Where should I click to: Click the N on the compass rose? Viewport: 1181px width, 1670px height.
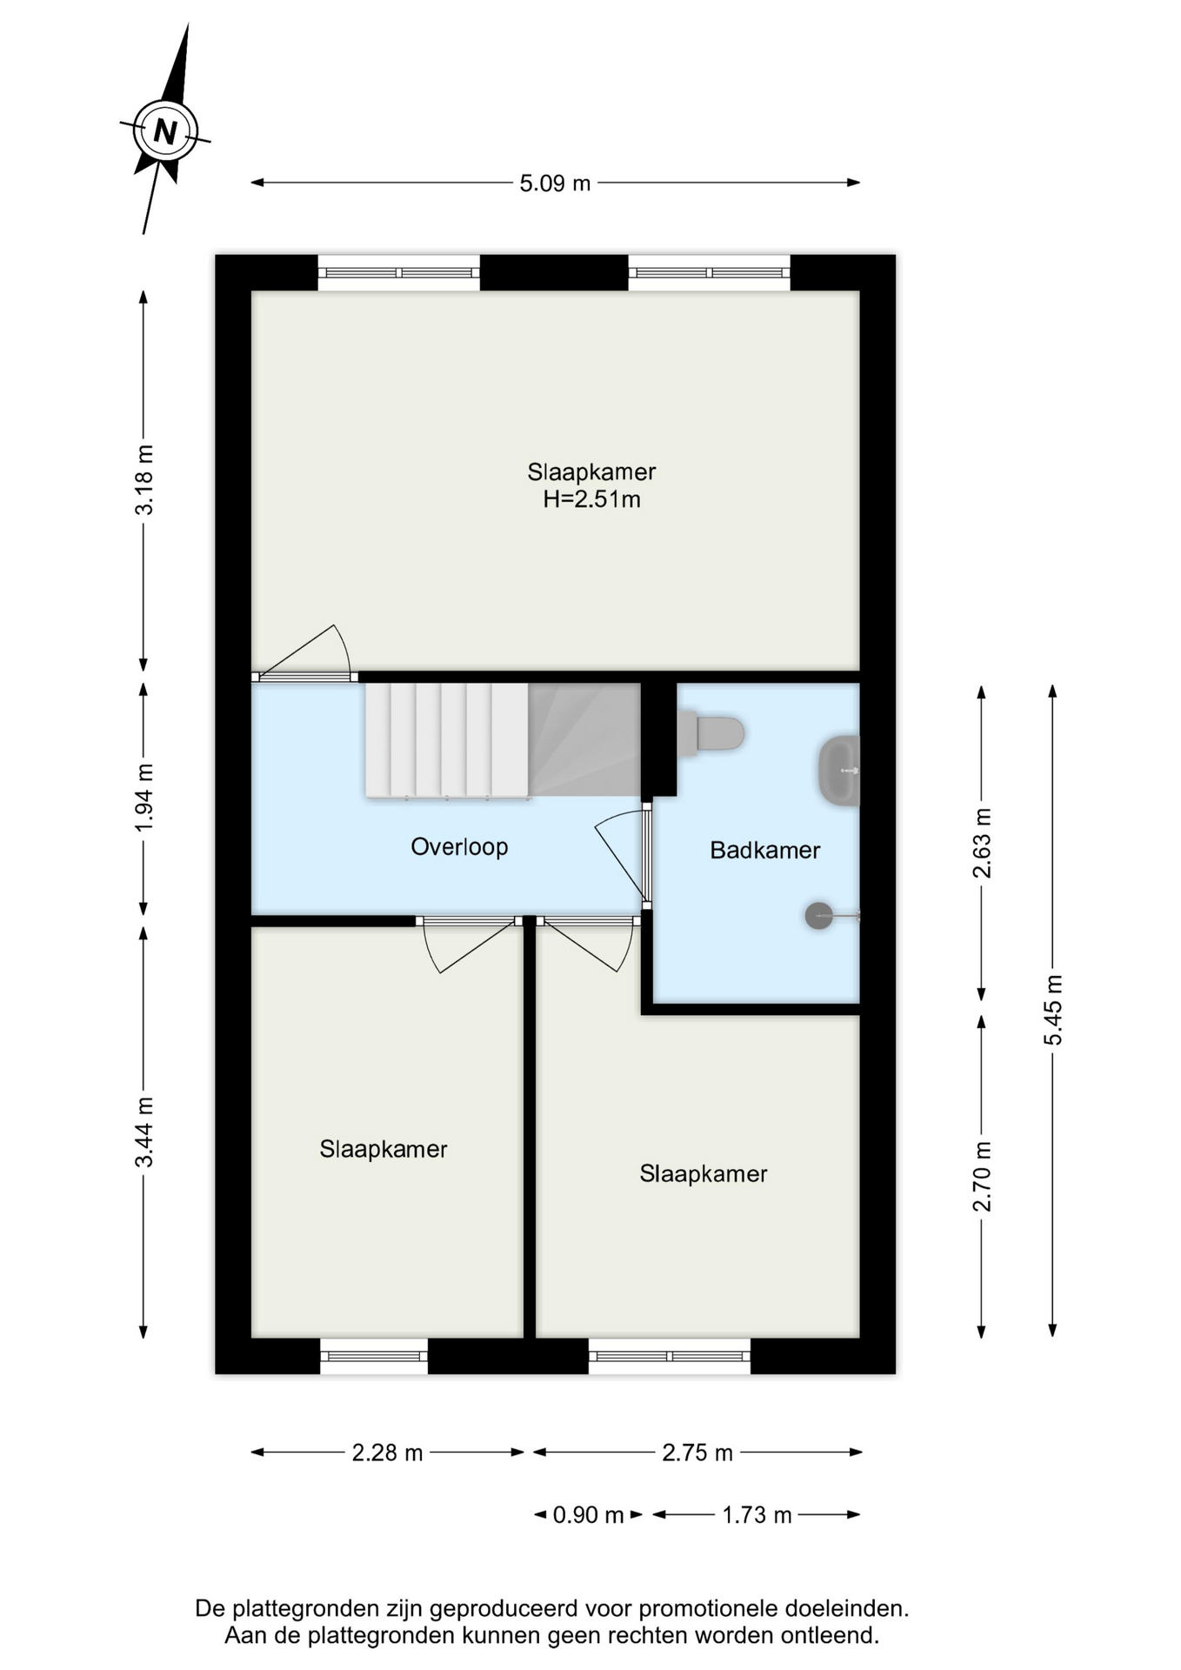click(x=164, y=132)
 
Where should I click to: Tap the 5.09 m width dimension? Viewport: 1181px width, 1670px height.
click(x=555, y=184)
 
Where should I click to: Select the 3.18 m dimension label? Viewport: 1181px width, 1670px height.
click(x=144, y=479)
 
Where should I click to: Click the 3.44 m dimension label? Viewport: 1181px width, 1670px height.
click(x=144, y=1132)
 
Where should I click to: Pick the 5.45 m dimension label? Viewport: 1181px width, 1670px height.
click(x=1053, y=1010)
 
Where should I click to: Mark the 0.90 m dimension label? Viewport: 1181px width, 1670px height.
click(x=589, y=1515)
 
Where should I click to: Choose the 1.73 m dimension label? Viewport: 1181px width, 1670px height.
click(x=757, y=1515)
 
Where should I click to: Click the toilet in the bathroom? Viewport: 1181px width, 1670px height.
click(x=711, y=732)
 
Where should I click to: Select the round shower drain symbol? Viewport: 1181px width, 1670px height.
click(x=819, y=915)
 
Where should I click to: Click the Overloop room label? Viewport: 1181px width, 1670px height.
click(x=459, y=847)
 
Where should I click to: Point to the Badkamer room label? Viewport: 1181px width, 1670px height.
click(x=765, y=850)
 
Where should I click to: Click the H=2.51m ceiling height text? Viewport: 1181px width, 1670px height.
click(x=592, y=499)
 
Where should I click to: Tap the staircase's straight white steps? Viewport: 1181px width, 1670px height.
click(x=447, y=740)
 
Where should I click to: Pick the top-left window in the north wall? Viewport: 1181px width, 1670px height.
click(x=398, y=272)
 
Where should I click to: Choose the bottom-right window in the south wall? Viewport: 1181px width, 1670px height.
click(x=670, y=1356)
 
